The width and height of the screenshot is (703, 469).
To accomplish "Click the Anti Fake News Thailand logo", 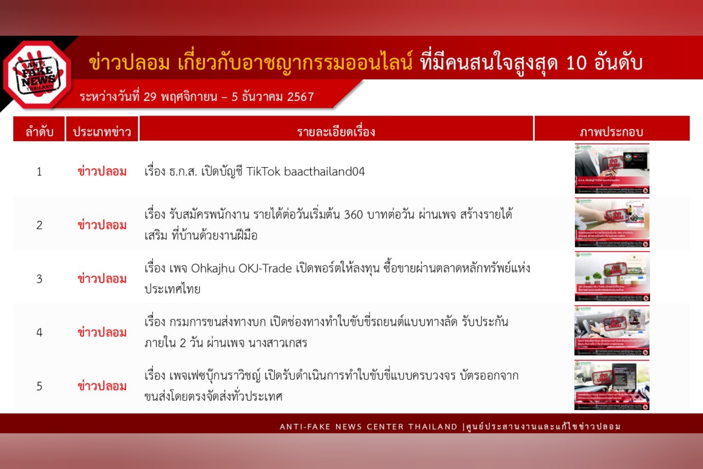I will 37,75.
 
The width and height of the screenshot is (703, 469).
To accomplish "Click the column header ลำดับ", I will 39,132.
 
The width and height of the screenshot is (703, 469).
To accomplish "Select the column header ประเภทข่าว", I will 102,132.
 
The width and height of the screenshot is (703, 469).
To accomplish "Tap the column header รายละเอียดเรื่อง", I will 336,132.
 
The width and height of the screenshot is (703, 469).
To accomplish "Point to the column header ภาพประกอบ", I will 612,132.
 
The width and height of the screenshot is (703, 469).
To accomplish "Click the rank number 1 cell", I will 39,172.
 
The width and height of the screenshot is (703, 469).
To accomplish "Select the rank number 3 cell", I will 39,279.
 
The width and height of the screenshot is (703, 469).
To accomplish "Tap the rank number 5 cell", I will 39,387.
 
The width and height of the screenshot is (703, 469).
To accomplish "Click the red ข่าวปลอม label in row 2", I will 102,225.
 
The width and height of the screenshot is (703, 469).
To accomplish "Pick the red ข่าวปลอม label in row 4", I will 102,333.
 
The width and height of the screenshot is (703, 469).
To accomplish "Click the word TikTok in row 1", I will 263,172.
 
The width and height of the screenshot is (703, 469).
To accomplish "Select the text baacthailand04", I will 324,172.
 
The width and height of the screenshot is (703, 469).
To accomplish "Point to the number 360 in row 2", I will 353,214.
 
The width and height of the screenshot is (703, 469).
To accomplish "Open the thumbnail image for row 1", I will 612,169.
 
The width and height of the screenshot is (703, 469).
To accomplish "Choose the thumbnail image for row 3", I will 612,276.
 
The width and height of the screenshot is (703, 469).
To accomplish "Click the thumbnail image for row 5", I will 612,385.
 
